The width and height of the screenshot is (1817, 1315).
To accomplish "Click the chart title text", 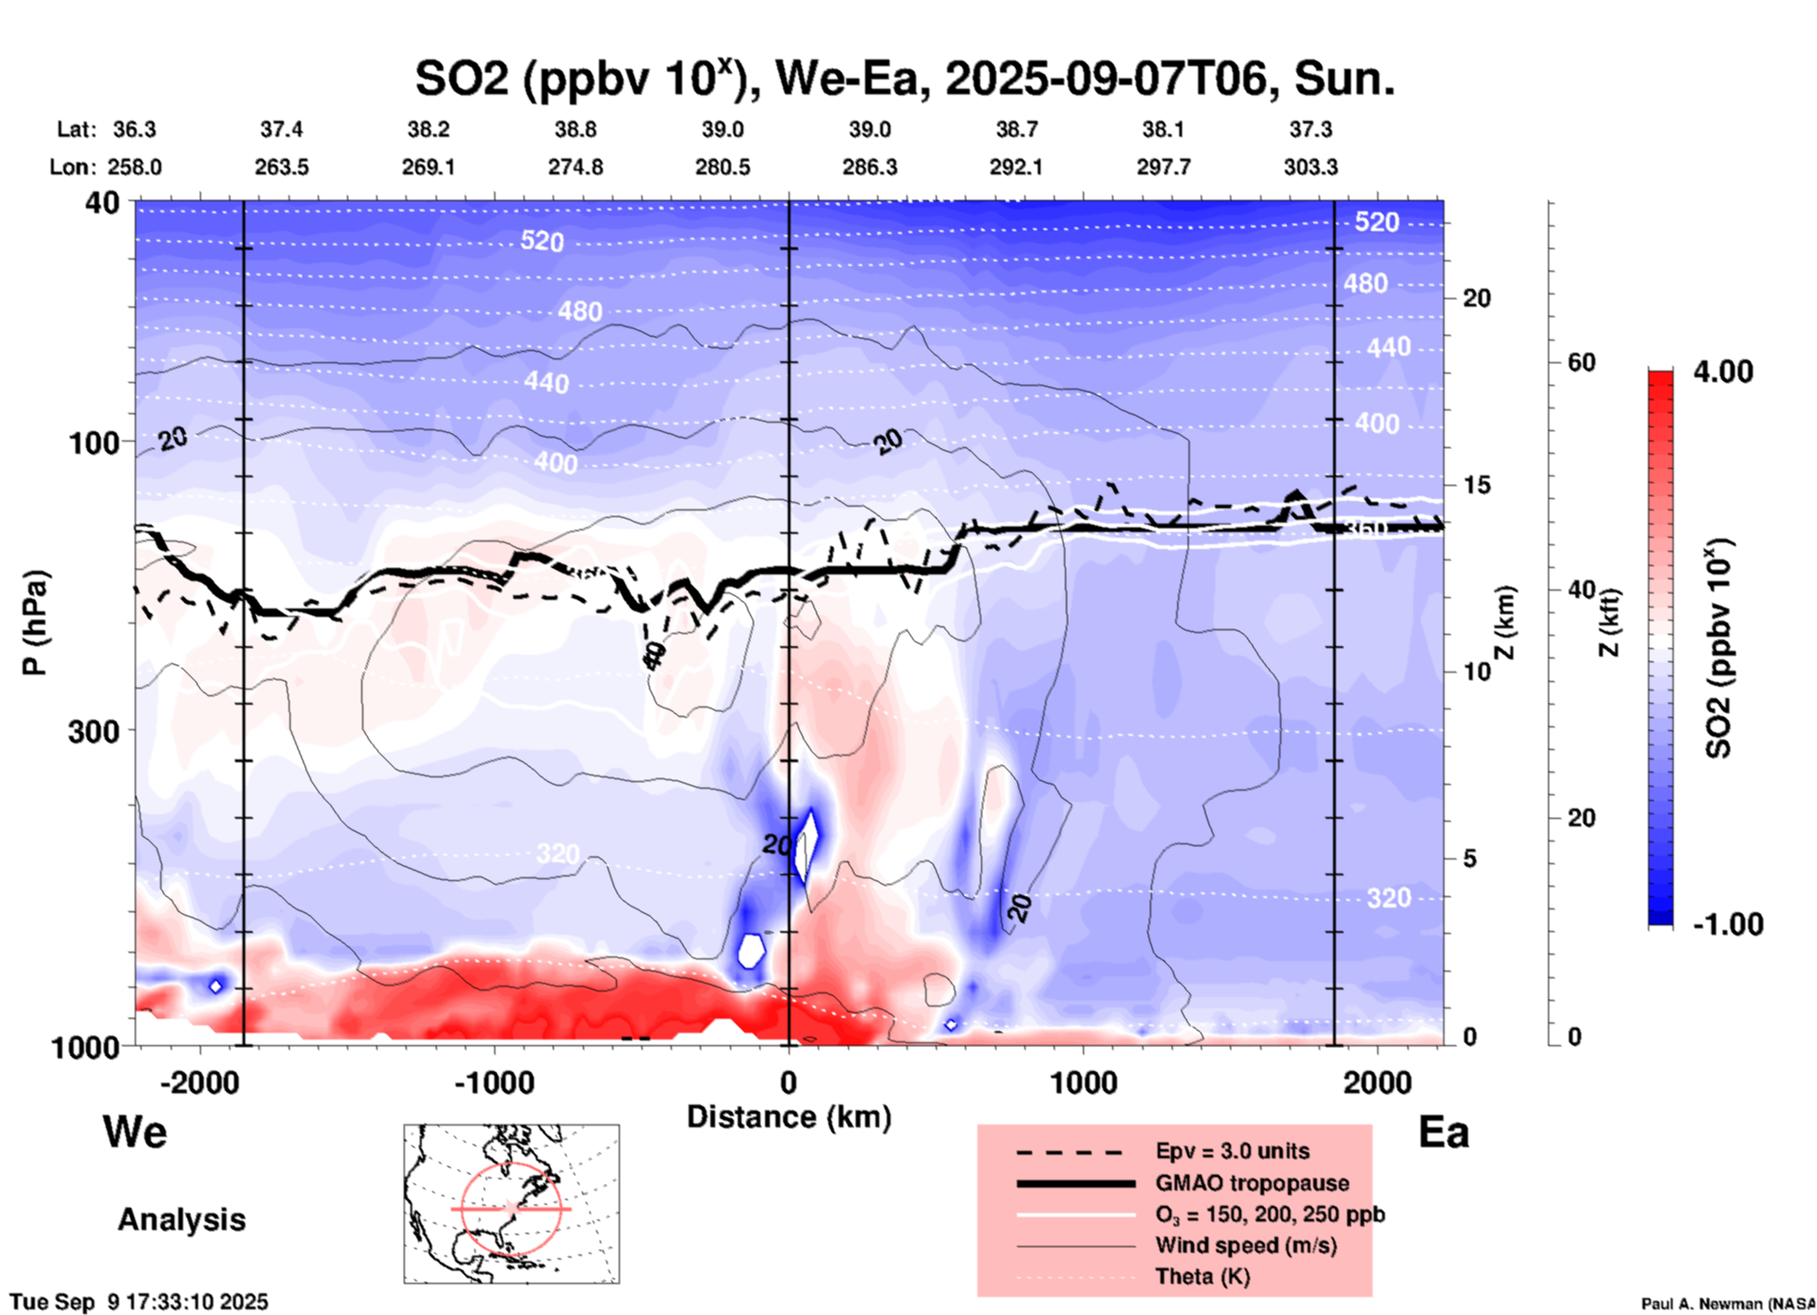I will point(904,79).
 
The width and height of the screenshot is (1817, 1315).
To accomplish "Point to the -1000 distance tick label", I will point(493,1083).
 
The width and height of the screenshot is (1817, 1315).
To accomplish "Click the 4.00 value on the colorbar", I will point(1723,372).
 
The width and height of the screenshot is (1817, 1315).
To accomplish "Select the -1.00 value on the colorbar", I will point(1726,924).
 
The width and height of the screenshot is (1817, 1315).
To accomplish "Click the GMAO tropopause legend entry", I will point(1252,1183).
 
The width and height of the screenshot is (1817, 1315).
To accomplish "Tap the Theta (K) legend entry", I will point(1202,1276).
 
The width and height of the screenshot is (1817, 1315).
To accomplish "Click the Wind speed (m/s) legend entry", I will point(1245,1245).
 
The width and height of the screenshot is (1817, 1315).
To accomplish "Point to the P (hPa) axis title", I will point(35,623).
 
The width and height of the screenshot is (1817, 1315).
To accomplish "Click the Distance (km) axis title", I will point(789,1117).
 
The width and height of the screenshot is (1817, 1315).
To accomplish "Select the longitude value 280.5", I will point(723,168).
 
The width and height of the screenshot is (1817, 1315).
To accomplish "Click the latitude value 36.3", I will point(135,129).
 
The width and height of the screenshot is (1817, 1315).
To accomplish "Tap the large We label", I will point(135,1132).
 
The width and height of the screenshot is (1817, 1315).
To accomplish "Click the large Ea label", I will point(1443,1132).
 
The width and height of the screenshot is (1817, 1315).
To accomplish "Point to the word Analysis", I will point(181,1220).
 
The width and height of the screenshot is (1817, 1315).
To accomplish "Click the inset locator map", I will point(511,1204).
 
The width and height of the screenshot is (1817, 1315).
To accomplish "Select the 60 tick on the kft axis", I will point(1581,362).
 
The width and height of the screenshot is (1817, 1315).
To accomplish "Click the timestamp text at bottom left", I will point(140,1302).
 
